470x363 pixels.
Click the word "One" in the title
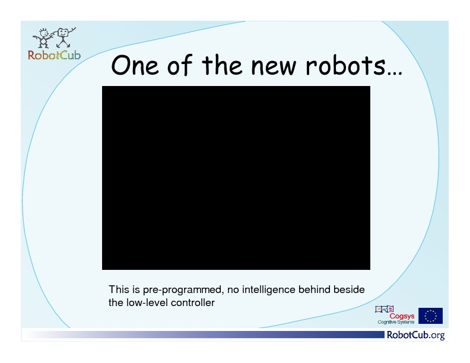[135, 65]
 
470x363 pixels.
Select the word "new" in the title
[274, 66]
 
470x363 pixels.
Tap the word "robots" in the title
[345, 65]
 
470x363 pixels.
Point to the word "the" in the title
[222, 65]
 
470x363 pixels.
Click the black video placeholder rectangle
[236, 178]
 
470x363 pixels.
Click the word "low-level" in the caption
[146, 302]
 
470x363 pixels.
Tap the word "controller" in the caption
[193, 302]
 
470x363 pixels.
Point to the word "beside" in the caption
[349, 289]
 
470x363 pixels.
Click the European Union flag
[430, 316]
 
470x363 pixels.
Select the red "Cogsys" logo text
[402, 316]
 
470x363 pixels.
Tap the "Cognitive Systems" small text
[396, 322]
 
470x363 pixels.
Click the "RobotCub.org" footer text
[416, 335]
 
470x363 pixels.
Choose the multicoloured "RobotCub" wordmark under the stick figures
[54, 55]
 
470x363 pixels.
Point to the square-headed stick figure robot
[63, 37]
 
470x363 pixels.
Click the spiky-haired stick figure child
[43, 39]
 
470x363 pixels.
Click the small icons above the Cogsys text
[385, 309]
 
